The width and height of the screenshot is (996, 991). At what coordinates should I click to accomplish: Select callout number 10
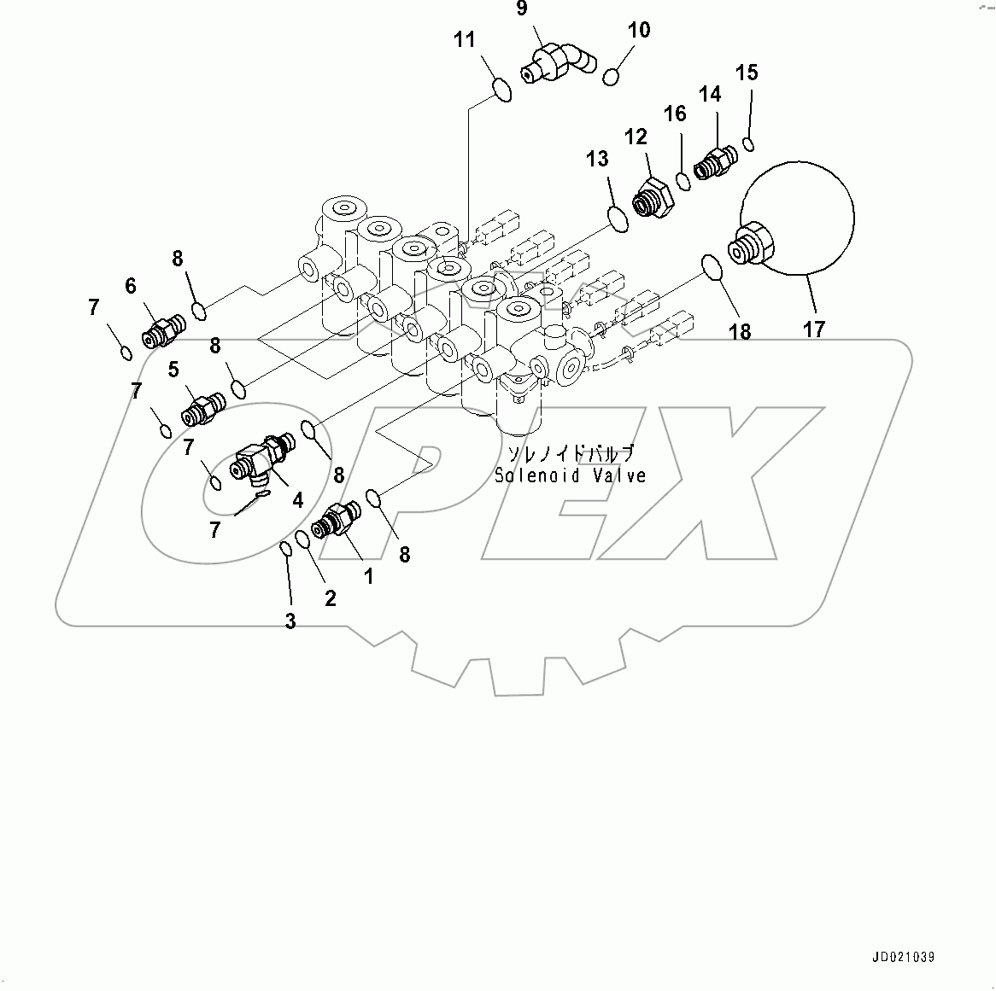pos(638,30)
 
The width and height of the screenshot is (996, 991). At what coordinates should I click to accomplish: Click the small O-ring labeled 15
pos(748,143)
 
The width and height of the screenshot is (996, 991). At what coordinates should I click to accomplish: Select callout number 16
pos(675,114)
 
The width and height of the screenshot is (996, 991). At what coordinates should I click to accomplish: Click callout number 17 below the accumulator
pos(814,329)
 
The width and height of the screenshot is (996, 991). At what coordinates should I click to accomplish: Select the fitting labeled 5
pos(202,408)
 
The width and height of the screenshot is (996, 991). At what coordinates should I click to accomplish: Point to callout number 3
pos(290,621)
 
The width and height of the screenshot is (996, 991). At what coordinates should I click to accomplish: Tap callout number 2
pos(330,598)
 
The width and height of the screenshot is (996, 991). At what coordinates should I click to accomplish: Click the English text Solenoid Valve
pos(570,475)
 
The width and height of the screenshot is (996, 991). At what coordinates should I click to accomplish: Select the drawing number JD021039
pos(904,958)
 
